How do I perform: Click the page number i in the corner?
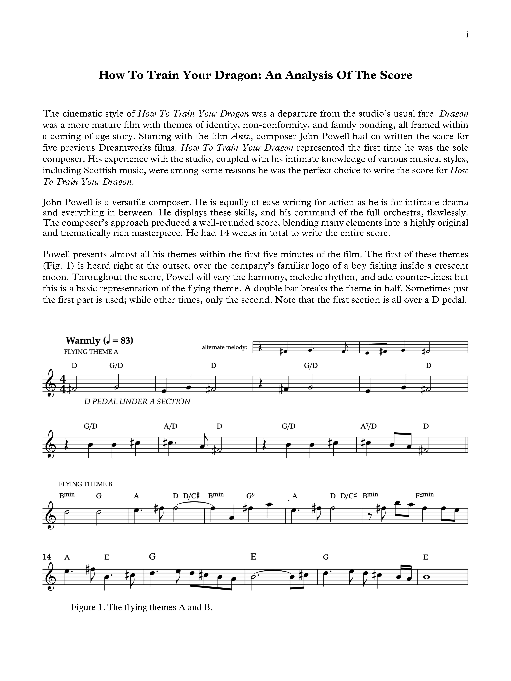(467, 35)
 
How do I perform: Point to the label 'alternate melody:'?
(225, 347)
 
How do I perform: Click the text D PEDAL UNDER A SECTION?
(137, 401)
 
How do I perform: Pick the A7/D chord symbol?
(368, 426)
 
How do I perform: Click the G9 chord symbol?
(250, 496)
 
